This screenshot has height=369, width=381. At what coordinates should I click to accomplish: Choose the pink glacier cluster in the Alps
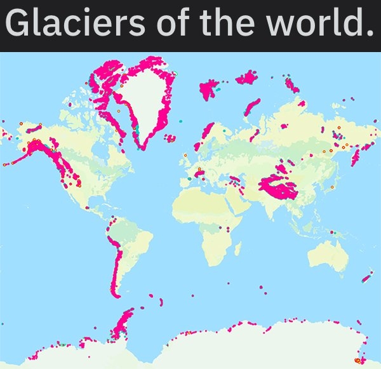tap(199, 172)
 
